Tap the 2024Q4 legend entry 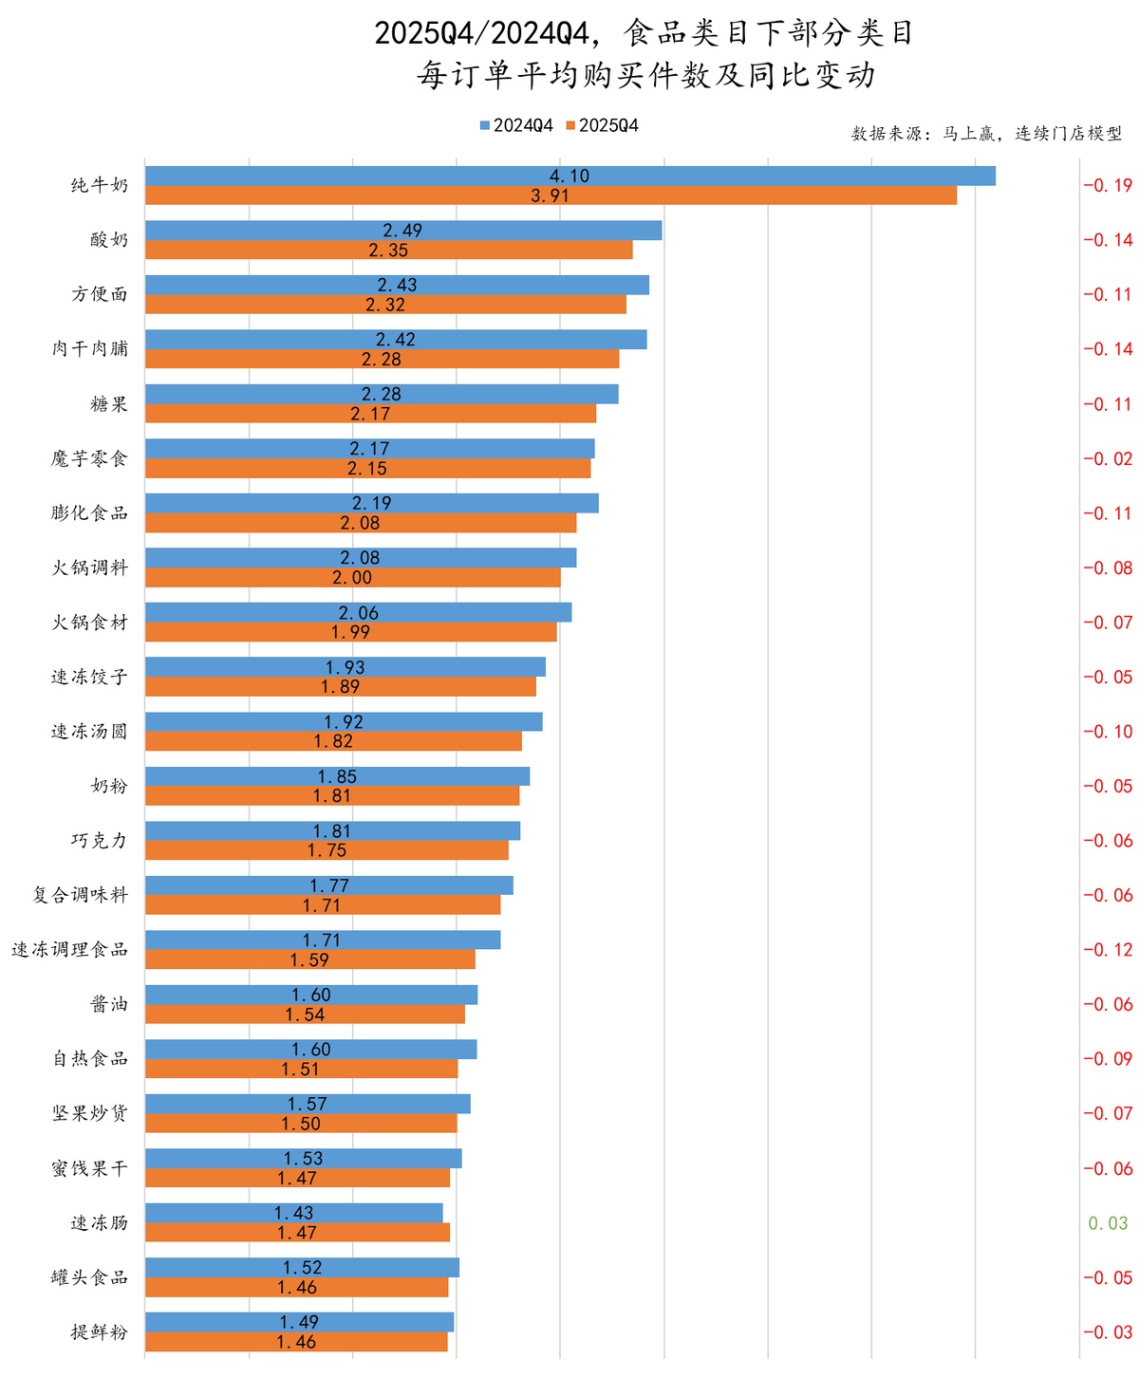tap(516, 126)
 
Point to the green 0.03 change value tap(1108, 1223)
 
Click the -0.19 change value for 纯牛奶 tap(1108, 185)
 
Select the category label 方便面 tap(100, 294)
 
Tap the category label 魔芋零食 tap(89, 458)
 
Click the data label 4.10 tap(569, 176)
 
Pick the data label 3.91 tap(551, 195)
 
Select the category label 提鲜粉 tap(100, 1332)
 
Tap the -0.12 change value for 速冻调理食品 tap(1108, 950)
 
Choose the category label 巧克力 tap(100, 841)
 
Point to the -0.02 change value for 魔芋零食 tap(1108, 458)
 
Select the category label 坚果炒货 tap(89, 1113)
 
